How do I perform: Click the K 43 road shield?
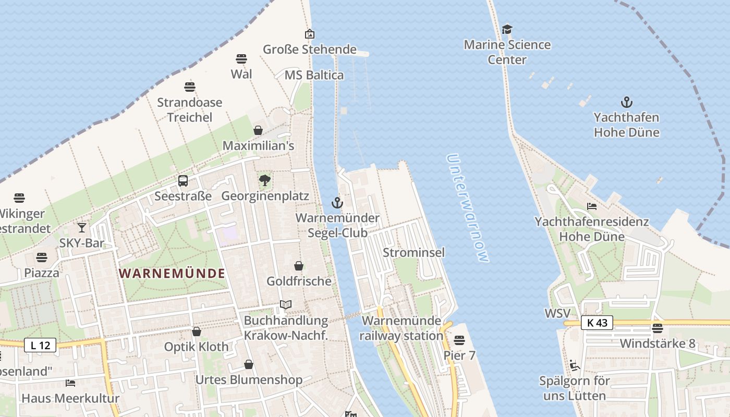pos(597,323)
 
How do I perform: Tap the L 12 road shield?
pos(40,345)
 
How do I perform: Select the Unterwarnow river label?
pos(468,208)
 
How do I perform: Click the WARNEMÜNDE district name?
pos(172,273)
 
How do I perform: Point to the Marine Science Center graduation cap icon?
pos(507,29)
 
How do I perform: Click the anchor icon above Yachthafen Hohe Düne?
pos(626,102)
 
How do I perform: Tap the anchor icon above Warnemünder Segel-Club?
pos(337,202)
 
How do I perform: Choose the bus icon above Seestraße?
pos(183,181)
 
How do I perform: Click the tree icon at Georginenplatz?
pos(265,181)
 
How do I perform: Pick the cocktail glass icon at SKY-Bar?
pos(82,227)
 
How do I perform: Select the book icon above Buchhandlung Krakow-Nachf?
pos(286,304)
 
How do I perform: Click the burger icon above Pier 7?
pos(459,340)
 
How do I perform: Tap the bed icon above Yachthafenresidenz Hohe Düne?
pos(591,206)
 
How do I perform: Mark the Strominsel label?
pos(413,253)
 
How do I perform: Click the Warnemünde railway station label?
pos(401,328)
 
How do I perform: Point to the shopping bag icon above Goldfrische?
pos(299,266)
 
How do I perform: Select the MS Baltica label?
pos(314,75)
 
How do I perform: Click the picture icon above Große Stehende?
pos(310,34)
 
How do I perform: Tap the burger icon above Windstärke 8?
pos(657,328)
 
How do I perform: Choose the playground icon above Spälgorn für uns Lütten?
pos(575,365)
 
